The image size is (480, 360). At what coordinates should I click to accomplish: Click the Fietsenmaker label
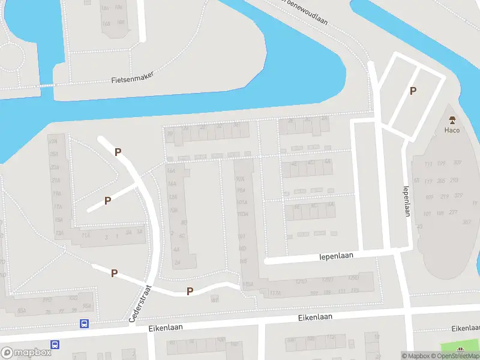(x=133, y=77)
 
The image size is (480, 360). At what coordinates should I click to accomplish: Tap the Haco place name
(x=452, y=130)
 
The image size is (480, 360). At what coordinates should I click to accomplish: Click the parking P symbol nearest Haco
(x=413, y=91)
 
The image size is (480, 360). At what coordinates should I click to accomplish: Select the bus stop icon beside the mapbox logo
(x=55, y=344)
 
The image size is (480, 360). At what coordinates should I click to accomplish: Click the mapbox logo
(x=26, y=353)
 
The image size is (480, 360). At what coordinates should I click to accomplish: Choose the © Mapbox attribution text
(x=416, y=356)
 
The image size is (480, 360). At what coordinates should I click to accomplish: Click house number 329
(x=458, y=196)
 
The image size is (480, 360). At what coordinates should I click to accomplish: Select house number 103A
(x=242, y=214)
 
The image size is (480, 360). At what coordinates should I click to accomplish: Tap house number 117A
(x=275, y=293)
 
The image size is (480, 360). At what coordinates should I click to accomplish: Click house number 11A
(x=86, y=236)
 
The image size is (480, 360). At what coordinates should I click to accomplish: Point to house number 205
(x=441, y=181)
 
